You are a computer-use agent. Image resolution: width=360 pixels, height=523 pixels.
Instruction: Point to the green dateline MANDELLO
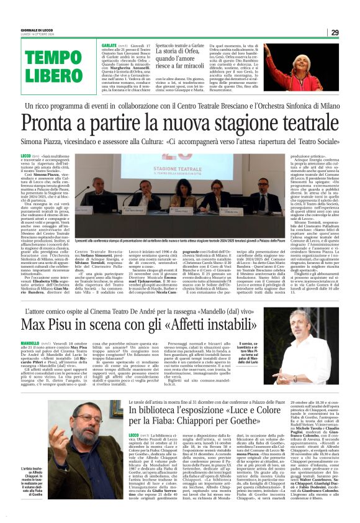(x=30, y=342)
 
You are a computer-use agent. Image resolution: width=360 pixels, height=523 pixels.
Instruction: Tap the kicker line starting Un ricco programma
(x=179, y=106)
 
